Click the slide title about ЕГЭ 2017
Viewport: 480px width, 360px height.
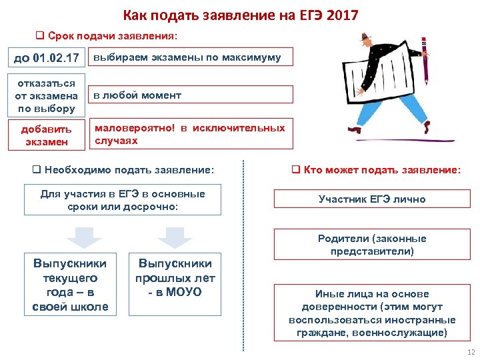point(240,15)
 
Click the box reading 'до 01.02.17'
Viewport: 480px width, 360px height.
point(47,58)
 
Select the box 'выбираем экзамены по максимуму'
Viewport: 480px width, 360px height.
point(191,58)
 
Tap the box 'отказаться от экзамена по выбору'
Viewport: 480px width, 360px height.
point(47,95)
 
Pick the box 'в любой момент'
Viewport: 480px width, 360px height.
point(191,95)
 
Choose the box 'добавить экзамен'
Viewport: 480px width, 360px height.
point(47,135)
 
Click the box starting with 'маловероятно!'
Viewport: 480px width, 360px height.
point(191,134)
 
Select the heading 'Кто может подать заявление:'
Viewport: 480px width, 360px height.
point(376,171)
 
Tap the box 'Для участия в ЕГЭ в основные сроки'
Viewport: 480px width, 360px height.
point(123,201)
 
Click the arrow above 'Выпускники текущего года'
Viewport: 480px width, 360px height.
point(83,237)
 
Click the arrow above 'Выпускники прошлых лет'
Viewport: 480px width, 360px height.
point(175,237)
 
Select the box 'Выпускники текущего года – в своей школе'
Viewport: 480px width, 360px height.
point(70,284)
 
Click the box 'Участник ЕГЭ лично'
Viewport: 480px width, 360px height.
point(372,199)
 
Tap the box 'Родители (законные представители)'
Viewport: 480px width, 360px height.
point(372,245)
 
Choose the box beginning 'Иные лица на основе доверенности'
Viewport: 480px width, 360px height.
point(372,313)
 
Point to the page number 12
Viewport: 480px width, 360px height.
point(471,352)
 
